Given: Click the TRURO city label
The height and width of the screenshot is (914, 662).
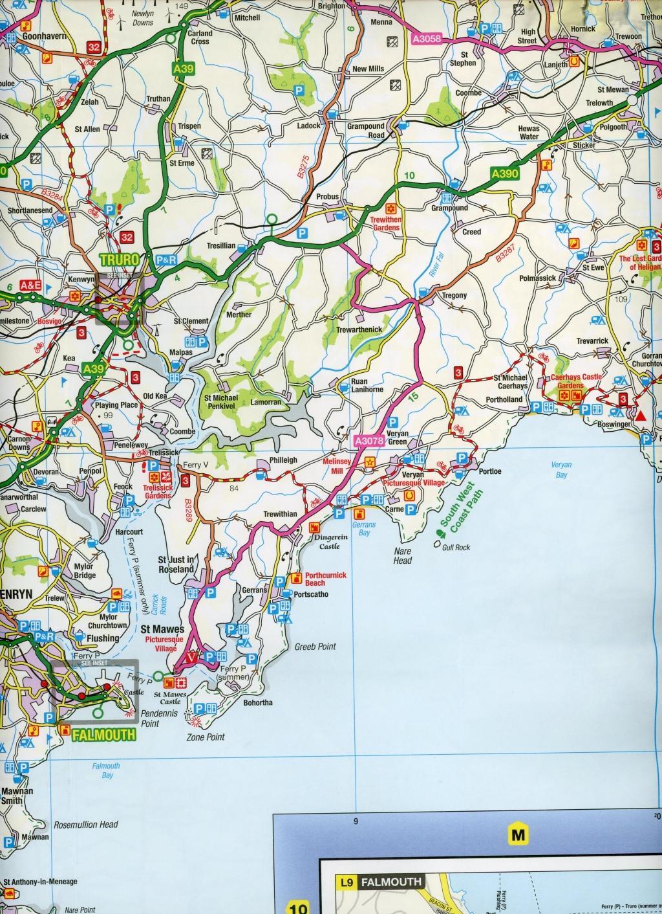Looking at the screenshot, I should pyautogui.click(x=120, y=260).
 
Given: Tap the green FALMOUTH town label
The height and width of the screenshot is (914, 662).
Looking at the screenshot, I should pyautogui.click(x=104, y=735).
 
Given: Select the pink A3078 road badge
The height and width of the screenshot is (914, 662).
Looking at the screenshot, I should pyautogui.click(x=370, y=441).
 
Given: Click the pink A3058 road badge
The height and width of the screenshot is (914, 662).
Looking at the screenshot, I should pyautogui.click(x=425, y=39).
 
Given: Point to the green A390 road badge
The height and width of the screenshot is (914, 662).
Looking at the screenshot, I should pyautogui.click(x=505, y=173).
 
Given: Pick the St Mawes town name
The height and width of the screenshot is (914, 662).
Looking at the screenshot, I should pyautogui.click(x=162, y=629).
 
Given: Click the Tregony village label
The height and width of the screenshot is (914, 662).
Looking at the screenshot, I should pyautogui.click(x=454, y=296).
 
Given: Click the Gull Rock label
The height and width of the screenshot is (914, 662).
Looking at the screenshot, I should pyautogui.click(x=456, y=547).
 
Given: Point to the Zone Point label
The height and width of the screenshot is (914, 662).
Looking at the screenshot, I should pyautogui.click(x=205, y=737).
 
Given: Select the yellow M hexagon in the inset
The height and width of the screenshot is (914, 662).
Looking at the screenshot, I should pyautogui.click(x=518, y=835).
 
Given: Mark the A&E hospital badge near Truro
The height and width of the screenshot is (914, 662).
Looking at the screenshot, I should pyautogui.click(x=30, y=285).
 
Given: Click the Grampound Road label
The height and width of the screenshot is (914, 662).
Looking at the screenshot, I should pyautogui.click(x=366, y=131).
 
